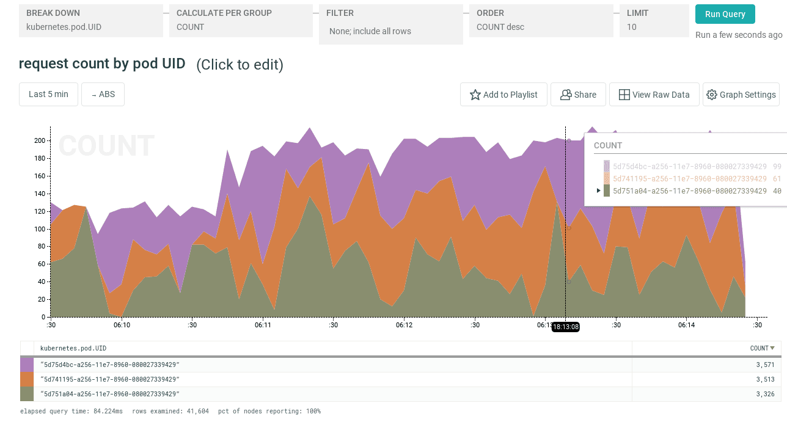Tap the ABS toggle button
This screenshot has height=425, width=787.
click(103, 95)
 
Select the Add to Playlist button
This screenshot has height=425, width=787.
click(503, 95)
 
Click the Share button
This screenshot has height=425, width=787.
click(578, 95)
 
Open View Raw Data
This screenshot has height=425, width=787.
click(654, 95)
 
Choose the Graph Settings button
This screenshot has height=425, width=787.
click(741, 95)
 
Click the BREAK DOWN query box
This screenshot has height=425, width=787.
click(91, 20)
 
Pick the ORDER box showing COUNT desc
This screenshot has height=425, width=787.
click(541, 20)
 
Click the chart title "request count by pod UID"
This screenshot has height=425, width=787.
click(102, 64)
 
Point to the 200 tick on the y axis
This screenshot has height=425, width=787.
click(40, 140)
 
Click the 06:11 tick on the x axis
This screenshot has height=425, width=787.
click(263, 325)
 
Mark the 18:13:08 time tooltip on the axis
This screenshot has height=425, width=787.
click(565, 327)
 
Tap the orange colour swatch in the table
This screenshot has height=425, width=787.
click(27, 379)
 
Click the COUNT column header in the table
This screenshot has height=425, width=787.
click(761, 348)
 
